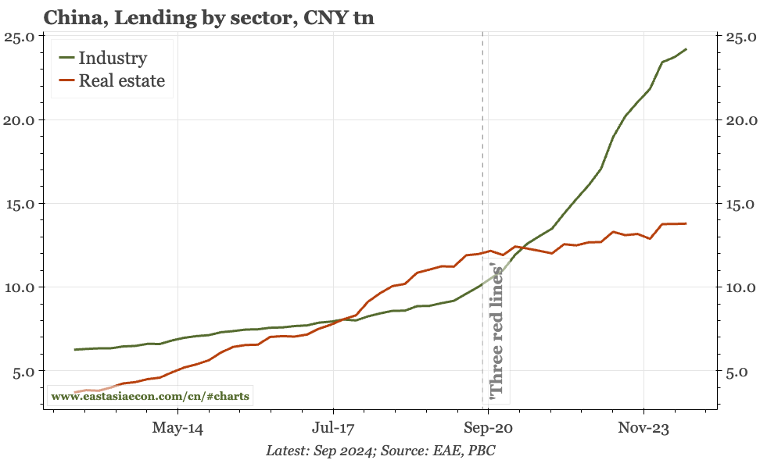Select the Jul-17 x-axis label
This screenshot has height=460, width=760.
tap(333, 428)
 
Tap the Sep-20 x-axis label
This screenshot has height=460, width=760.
tap(488, 428)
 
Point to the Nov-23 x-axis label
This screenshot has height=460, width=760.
tap(643, 428)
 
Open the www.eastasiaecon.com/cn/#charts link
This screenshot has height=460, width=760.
tap(150, 396)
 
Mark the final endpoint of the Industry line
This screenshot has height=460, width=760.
tap(686, 49)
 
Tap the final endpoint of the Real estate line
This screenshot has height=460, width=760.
tap(686, 223)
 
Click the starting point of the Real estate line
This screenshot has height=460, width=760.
tap(75, 392)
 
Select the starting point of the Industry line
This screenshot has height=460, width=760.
tap(75, 349)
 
